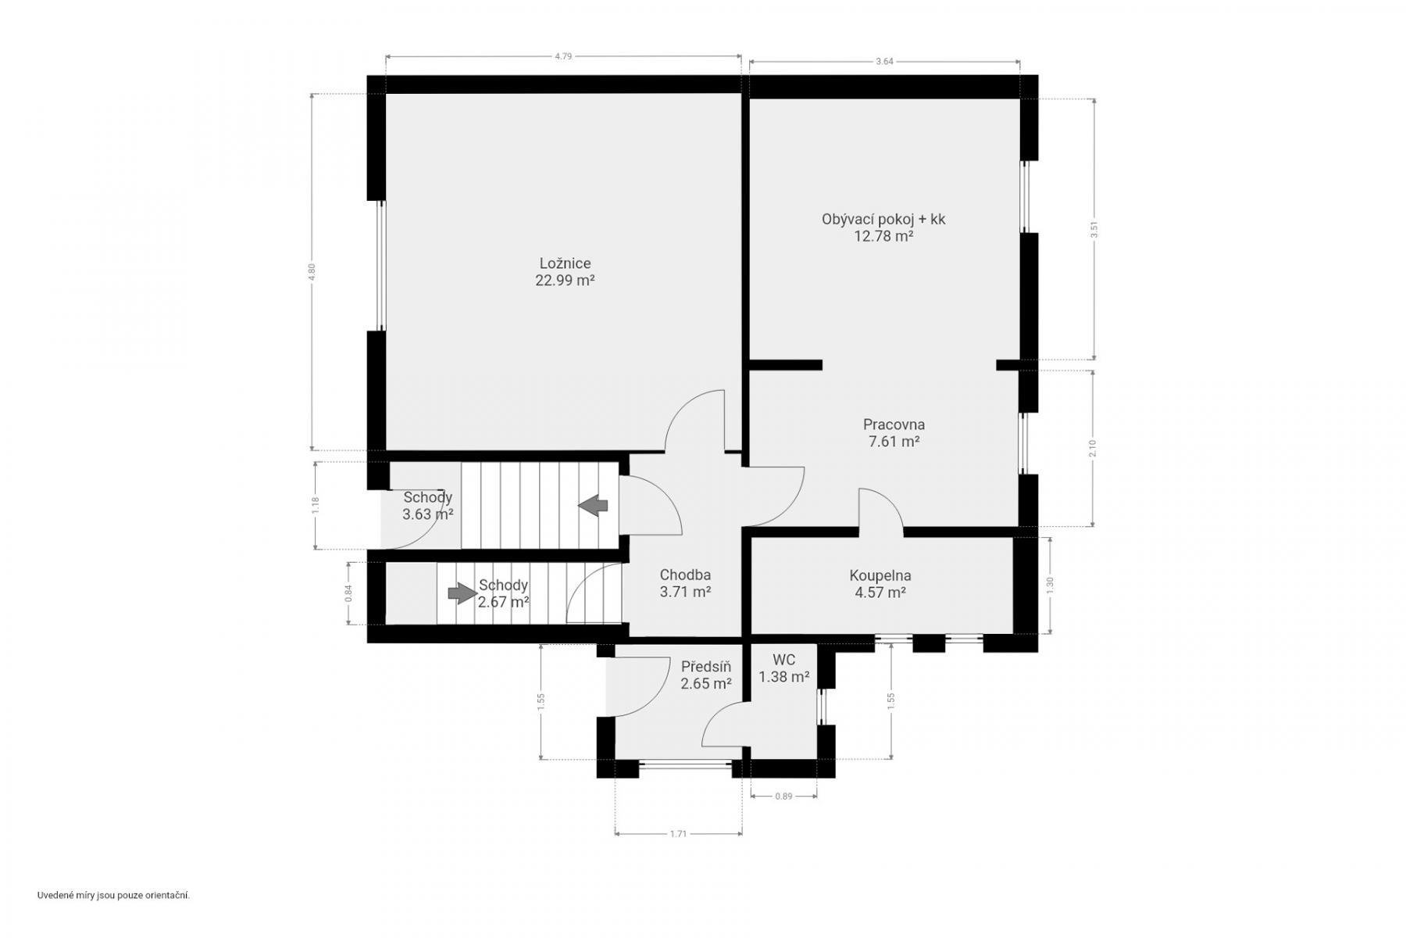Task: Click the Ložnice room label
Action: (565, 263)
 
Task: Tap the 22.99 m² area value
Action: (565, 281)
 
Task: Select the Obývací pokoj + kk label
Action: (883, 219)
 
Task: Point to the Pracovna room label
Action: (894, 424)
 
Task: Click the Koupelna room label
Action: (880, 575)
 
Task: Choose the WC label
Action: (783, 661)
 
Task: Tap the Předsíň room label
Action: (706, 667)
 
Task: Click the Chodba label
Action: (685, 575)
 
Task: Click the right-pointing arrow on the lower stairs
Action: (462, 593)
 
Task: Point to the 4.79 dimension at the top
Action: (563, 56)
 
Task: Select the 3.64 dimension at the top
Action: (884, 62)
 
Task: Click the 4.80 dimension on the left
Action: (312, 272)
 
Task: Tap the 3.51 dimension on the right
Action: (1094, 230)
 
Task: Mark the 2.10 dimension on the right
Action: (1093, 449)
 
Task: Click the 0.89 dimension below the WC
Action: (783, 797)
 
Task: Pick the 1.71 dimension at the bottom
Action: (678, 834)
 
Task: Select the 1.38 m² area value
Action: (784, 678)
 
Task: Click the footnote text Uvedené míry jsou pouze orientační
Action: (114, 895)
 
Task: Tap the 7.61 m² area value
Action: (894, 442)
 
